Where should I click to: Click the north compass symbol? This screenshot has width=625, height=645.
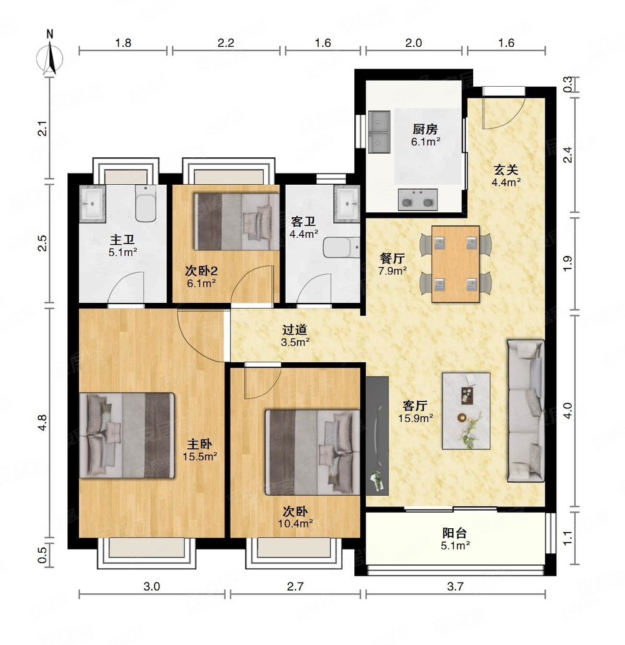pos(50,57)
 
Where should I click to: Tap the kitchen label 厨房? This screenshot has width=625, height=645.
pos(426,130)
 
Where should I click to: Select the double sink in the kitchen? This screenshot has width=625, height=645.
pos(379,132)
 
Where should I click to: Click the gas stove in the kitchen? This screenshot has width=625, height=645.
pos(417,200)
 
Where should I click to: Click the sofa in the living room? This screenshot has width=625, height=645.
pos(525,410)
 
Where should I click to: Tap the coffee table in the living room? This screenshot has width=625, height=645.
pos(466,411)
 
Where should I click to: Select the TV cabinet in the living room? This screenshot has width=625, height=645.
pos(377,436)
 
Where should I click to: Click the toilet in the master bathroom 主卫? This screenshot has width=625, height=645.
pos(146,204)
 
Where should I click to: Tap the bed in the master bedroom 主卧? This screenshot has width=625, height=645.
pos(127,435)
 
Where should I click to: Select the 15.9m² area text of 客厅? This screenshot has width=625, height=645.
pos(416,418)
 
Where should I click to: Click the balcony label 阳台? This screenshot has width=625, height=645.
pos(454,533)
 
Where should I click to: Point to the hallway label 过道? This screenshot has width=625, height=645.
pos(295,330)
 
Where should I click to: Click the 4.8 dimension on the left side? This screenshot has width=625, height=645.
pos(43,423)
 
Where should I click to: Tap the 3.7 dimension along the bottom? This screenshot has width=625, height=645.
pos(456,586)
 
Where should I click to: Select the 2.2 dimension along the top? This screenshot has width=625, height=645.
pos(226,43)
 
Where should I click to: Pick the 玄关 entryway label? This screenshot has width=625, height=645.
pos(506,169)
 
